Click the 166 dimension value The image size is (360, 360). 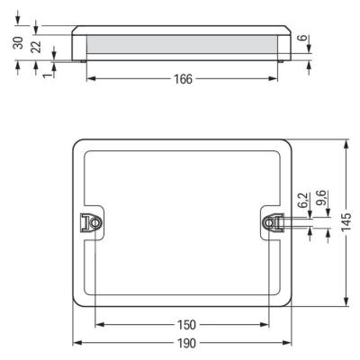coord(183,79)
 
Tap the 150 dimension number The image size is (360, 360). coord(186,325)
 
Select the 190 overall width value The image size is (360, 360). coord(186,343)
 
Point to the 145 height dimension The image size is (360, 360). coord(346,221)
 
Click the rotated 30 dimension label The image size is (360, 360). coord(18,42)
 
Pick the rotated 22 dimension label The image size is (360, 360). coord(36,47)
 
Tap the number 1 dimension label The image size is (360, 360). coord(47,75)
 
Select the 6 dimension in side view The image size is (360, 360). coord(304,38)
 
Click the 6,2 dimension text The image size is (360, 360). coord(304,200)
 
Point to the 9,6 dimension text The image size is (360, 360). coord(322,198)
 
